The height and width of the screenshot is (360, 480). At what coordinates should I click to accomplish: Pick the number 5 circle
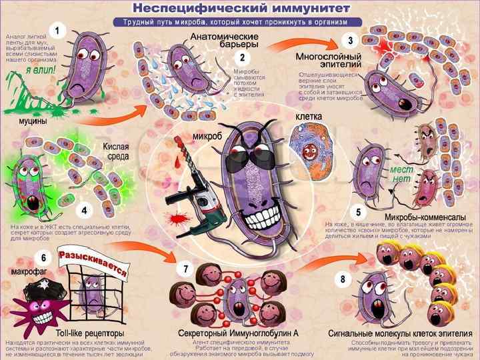[x=359, y=212]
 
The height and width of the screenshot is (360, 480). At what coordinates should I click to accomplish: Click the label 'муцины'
[x=23, y=124]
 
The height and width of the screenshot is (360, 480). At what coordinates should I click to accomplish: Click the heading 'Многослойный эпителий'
[x=328, y=62]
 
